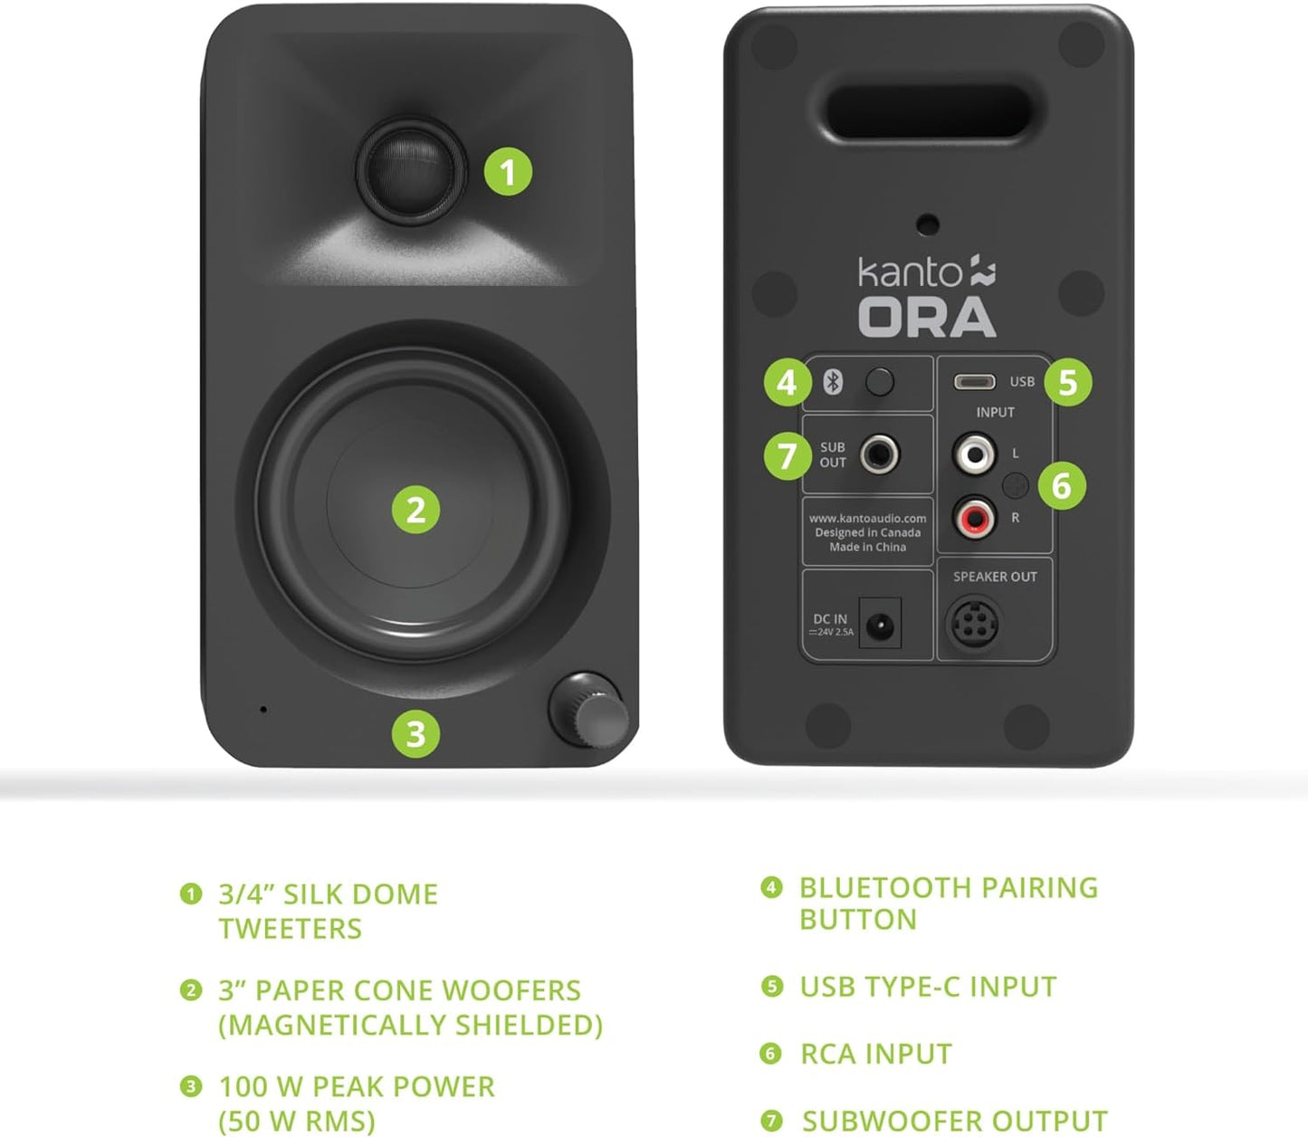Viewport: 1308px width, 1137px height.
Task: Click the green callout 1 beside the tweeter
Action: [508, 171]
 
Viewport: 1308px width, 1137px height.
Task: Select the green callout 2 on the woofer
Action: [415, 510]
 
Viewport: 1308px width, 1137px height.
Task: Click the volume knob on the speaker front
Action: [588, 711]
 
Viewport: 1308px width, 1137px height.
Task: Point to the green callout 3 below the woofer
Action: [415, 733]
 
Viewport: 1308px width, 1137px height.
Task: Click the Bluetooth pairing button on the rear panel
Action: [879, 382]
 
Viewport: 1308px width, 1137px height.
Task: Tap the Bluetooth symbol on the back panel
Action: [833, 382]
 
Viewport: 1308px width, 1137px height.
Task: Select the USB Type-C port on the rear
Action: [974, 382]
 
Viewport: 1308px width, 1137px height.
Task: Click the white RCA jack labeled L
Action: [974, 452]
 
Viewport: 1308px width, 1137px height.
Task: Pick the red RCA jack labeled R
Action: [974, 518]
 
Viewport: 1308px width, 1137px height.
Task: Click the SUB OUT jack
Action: [879, 454]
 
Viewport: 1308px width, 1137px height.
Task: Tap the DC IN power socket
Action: [879, 624]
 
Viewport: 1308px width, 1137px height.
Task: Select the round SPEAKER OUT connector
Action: [973, 623]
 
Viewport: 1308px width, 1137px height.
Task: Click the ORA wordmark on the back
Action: [927, 319]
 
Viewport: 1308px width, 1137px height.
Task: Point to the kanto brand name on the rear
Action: [910, 272]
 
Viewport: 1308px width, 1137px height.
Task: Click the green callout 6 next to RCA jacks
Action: [1061, 486]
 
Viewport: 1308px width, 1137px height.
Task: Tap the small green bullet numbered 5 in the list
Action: [771, 986]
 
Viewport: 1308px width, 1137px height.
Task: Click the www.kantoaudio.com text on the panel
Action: [867, 519]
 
